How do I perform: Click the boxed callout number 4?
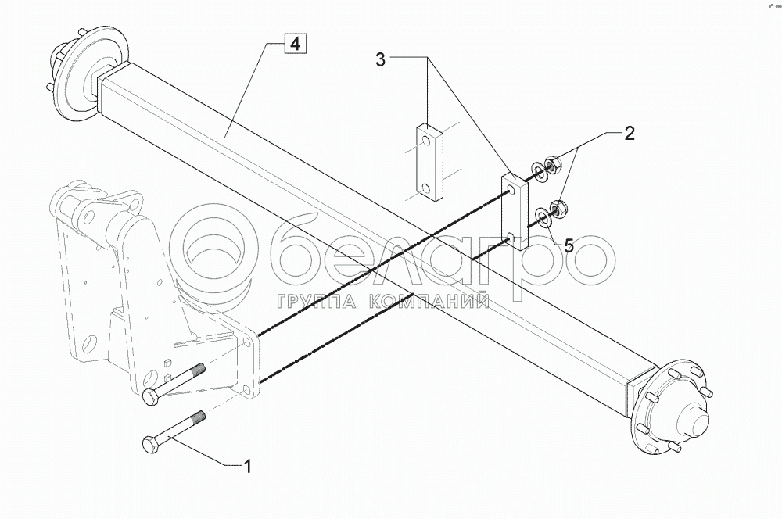tap(294, 44)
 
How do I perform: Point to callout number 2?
tap(630, 133)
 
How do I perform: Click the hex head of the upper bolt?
tap(151, 399)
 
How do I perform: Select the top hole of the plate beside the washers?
tap(511, 188)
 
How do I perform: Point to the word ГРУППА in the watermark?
tap(314, 301)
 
